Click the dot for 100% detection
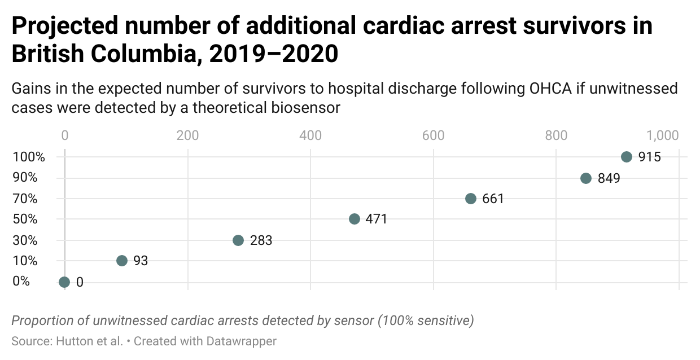(626, 157)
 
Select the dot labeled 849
(586, 178)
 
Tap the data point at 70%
(471, 199)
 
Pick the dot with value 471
(355, 219)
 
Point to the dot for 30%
(238, 240)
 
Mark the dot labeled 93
(122, 261)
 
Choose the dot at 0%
(64, 282)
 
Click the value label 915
(649, 157)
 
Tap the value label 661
(493, 199)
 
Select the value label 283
(261, 241)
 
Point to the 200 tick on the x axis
(187, 135)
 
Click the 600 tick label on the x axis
(433, 135)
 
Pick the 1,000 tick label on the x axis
(662, 135)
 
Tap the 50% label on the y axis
(26, 219)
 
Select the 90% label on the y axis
(26, 178)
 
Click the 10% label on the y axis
(26, 261)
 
